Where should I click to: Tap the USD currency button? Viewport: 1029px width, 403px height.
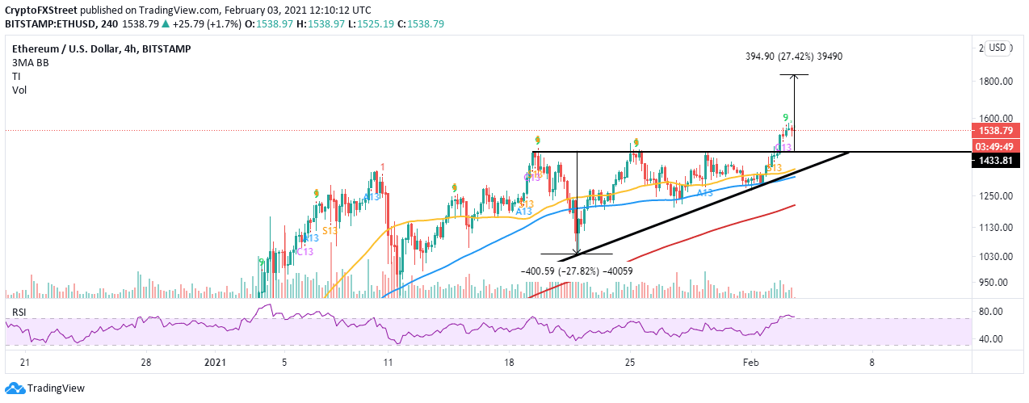(x=997, y=48)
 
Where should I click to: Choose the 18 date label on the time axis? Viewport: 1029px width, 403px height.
(x=509, y=363)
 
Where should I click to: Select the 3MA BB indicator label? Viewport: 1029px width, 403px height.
(x=27, y=61)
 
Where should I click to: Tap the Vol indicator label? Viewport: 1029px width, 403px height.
(x=19, y=90)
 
